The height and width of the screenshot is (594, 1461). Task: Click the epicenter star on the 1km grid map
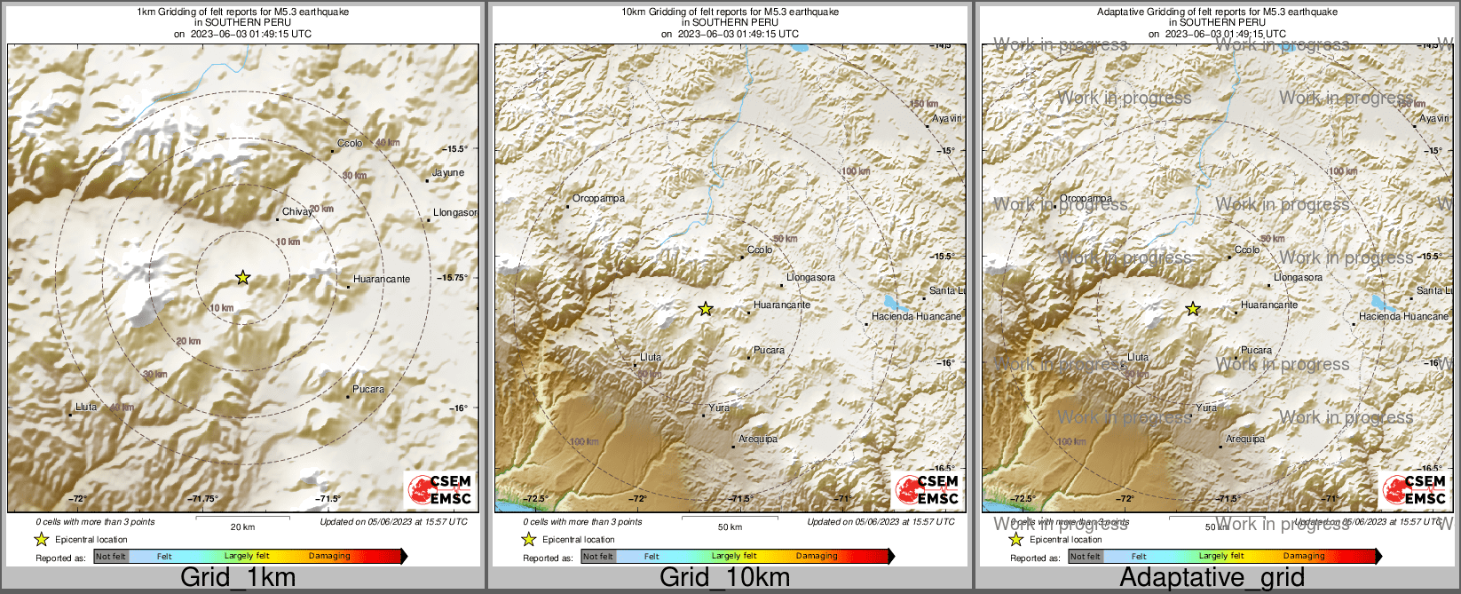[x=242, y=278]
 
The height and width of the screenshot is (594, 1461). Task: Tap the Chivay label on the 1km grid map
[x=296, y=212]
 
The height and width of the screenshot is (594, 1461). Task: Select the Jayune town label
[x=447, y=173]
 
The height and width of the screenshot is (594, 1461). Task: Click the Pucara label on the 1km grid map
[x=368, y=389]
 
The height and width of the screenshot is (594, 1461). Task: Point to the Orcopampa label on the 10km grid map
[x=598, y=199]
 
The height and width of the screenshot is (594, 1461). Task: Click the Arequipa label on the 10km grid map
[x=758, y=440]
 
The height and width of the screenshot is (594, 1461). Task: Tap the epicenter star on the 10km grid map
[x=706, y=309]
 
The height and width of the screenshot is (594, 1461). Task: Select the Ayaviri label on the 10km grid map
[x=947, y=118]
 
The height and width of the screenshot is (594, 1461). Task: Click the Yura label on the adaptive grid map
[x=1206, y=408]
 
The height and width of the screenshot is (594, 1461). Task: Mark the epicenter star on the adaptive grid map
[x=1193, y=309]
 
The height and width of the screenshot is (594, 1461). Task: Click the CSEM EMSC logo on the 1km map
[x=439, y=490]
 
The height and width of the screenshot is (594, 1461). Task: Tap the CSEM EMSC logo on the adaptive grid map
[x=1415, y=490]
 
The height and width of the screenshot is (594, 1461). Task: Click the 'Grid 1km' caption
[x=238, y=578]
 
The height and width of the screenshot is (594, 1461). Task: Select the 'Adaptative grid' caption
[x=1212, y=578]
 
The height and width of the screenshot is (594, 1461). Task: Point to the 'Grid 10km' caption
[x=724, y=578]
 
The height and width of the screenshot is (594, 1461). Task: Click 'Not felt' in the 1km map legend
[x=111, y=557]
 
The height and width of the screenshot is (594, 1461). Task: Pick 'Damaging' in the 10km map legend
[x=817, y=557]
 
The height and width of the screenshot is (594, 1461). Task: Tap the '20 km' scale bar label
[x=242, y=527]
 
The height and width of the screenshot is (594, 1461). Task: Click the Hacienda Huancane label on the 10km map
[x=916, y=317]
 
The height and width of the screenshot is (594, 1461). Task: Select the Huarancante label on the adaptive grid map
[x=1269, y=305]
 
